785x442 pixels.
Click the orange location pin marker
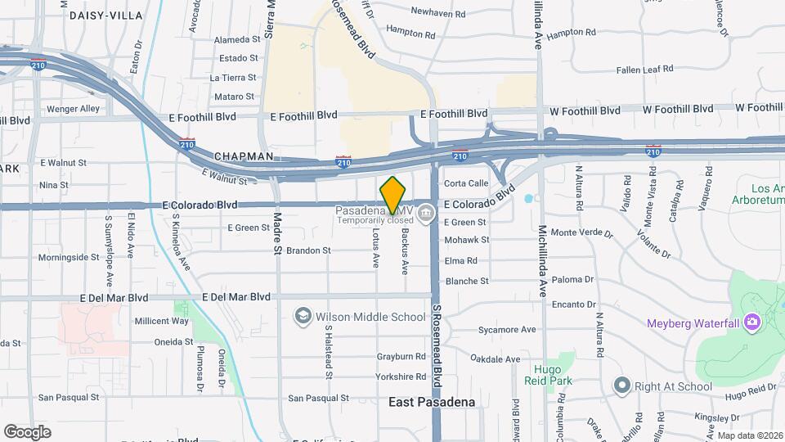click(x=392, y=196)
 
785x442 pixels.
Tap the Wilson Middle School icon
click(x=303, y=316)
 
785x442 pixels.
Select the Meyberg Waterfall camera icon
click(x=751, y=323)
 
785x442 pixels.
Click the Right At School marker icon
click(x=622, y=385)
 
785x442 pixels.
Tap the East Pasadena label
click(x=431, y=402)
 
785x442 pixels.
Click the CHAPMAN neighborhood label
click(x=243, y=156)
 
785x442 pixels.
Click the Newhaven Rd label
click(x=437, y=13)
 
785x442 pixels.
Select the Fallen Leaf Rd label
click(x=644, y=70)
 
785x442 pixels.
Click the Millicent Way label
click(x=161, y=321)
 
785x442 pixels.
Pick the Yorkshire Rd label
click(x=401, y=377)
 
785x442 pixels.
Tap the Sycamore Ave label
click(x=507, y=330)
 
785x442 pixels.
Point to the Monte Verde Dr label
click(x=581, y=232)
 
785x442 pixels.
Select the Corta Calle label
click(x=466, y=183)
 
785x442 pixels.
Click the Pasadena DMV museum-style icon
click(x=425, y=215)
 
